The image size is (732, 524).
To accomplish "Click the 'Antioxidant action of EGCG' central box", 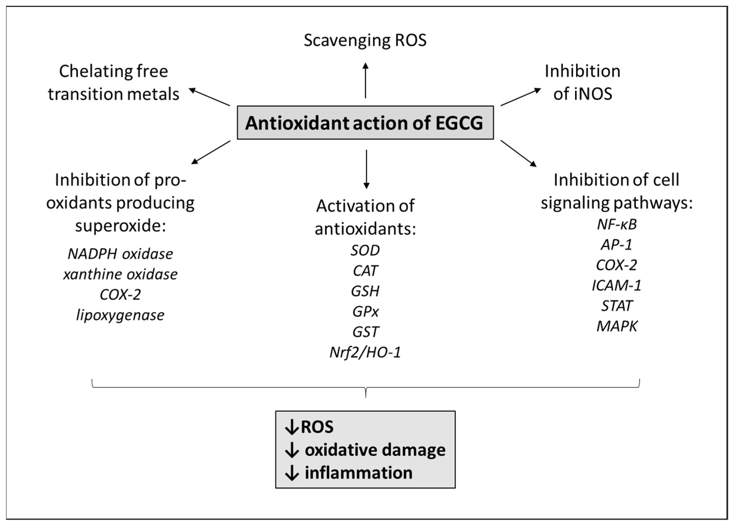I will click(365, 123).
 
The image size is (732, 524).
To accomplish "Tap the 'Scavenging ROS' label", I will click(365, 41).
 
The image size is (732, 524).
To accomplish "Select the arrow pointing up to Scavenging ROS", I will click(365, 81).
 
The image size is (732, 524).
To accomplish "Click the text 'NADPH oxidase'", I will click(120, 254).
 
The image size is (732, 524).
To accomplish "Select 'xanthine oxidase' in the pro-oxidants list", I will click(120, 274).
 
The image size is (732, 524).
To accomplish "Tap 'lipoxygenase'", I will click(120, 315).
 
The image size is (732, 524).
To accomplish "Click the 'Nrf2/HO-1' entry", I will click(365, 352).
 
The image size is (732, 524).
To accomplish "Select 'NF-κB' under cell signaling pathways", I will click(616, 224).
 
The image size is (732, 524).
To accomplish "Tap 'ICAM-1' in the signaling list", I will click(616, 285).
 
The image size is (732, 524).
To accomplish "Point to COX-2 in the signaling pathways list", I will click(616, 265).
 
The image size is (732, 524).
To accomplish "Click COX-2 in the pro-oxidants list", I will click(120, 295).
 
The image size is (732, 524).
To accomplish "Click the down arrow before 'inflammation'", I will click(292, 473).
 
